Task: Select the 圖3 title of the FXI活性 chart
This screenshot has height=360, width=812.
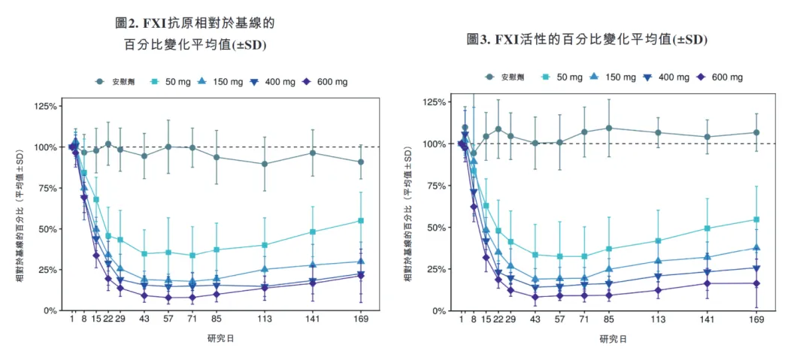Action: click(587, 38)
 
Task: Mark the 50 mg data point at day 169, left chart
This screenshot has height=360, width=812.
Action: click(361, 220)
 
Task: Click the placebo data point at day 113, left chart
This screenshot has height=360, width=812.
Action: click(264, 164)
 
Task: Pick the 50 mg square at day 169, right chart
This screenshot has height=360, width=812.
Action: click(756, 219)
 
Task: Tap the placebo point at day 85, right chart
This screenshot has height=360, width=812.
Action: click(609, 128)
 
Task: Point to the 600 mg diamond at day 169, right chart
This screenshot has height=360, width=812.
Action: click(756, 283)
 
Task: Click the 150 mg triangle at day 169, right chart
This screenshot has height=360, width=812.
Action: click(756, 247)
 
